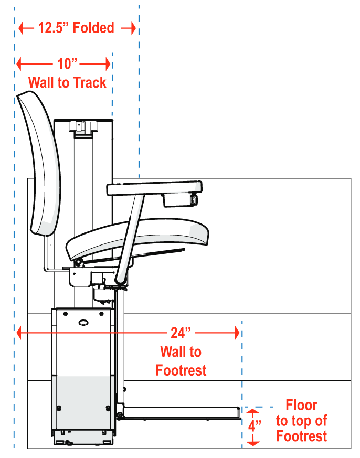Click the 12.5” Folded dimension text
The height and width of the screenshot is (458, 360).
click(x=76, y=28)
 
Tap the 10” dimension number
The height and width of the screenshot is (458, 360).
click(x=68, y=64)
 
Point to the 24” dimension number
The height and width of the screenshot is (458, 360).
click(x=181, y=333)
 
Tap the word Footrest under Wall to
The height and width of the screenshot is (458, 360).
click(x=181, y=370)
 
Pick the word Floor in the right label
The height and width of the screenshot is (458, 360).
click(x=301, y=405)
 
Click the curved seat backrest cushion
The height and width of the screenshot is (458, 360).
click(x=37, y=163)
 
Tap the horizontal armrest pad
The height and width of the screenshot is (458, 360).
click(x=154, y=187)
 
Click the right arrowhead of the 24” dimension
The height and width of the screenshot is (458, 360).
click(x=237, y=333)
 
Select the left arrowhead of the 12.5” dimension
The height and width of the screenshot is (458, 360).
click(x=22, y=28)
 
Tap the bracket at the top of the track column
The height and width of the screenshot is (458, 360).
click(x=83, y=126)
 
